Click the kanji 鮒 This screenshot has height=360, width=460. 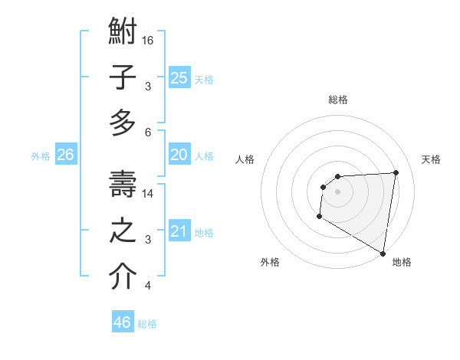(123, 34)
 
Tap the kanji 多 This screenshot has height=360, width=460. (123, 123)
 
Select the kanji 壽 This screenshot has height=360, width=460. (123, 185)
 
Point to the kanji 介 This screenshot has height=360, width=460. (123, 277)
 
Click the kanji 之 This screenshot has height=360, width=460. (123, 231)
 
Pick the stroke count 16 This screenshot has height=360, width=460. (148, 40)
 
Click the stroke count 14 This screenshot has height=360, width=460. (148, 194)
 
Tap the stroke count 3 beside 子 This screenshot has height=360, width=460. (148, 86)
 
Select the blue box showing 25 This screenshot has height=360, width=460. (179, 78)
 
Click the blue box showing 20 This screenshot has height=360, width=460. (179, 155)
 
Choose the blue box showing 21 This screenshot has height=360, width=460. (179, 231)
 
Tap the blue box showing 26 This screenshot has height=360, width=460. (65, 155)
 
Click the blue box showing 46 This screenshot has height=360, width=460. (122, 322)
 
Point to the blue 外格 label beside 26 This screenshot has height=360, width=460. (41, 156)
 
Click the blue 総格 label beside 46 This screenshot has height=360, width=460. (147, 324)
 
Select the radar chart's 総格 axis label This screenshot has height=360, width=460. (338, 100)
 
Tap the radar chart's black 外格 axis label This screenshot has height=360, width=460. (270, 262)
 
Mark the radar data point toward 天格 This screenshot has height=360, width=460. (396, 172)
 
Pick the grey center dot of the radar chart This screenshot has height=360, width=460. (337, 191)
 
